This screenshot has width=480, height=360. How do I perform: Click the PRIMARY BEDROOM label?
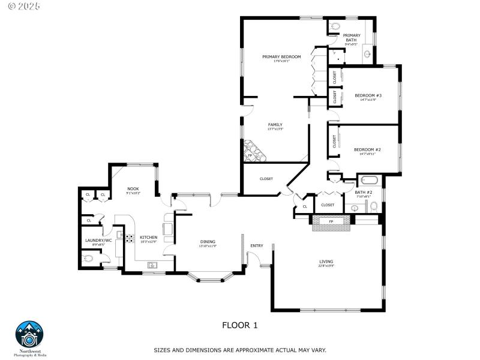tap(281, 57)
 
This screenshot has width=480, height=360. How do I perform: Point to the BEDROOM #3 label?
tap(368, 95)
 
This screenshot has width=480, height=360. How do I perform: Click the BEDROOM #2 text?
tap(367, 149)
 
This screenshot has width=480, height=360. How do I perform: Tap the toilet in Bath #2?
tap(373, 207)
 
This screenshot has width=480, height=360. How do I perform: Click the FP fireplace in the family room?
tap(251, 154)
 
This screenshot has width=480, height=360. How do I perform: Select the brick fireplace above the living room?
tap(330, 222)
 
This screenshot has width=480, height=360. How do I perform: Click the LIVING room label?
tap(326, 262)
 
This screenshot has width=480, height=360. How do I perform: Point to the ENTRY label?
tap(256, 245)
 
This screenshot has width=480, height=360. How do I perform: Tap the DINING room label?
tap(208, 242)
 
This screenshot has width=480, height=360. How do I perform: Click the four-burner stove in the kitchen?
tap(129, 238)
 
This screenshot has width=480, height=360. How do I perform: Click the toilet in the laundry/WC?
tap(89, 259)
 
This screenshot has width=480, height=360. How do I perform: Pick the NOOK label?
tap(133, 189)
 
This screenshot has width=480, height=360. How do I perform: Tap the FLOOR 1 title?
tap(239, 325)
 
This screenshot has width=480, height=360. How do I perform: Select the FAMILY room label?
tap(275, 125)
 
